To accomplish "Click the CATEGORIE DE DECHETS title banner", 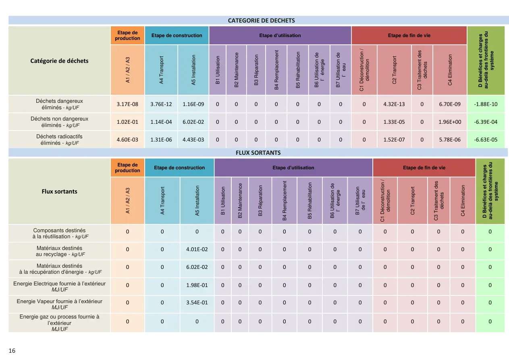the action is [x=261, y=21].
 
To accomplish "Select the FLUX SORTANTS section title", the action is [x=258, y=153].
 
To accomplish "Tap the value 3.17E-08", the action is [x=127, y=104].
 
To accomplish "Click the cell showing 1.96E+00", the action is [x=450, y=122].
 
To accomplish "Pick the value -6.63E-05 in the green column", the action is [x=486, y=139].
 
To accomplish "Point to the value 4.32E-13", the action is [x=394, y=104].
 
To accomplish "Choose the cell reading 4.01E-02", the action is [x=197, y=249].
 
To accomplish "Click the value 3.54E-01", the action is [x=197, y=302].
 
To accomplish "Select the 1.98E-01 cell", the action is [x=197, y=285].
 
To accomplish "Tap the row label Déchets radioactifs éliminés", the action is [x=59, y=139].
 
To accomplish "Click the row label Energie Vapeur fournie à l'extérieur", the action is [x=59, y=304].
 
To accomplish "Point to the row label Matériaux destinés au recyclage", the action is [x=59, y=251].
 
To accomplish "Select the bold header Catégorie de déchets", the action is [x=59, y=61].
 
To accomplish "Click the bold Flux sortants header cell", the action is [x=59, y=191].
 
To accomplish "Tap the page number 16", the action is [x=12, y=351].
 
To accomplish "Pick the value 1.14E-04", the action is [x=161, y=122].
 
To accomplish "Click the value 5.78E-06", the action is [x=450, y=139].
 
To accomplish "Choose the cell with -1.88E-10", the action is [x=486, y=104].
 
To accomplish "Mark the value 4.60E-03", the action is [x=127, y=139].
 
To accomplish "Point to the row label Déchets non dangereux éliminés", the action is [x=59, y=122].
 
